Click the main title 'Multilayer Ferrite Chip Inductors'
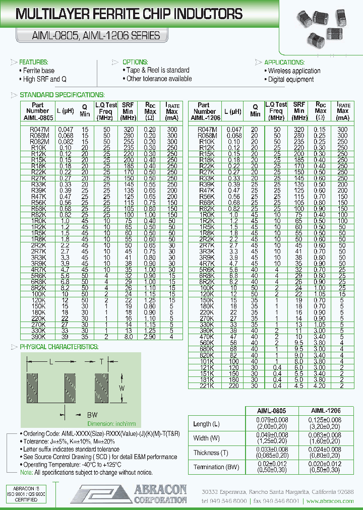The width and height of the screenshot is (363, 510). click(x=123, y=14)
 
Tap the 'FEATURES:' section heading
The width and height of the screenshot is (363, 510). click(x=33, y=62)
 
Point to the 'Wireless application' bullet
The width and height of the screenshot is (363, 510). click(x=294, y=71)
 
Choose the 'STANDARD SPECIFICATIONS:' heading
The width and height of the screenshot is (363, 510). click(x=62, y=95)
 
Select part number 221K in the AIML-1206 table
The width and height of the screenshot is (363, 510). click(x=205, y=386)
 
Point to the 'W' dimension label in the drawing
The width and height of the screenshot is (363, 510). click(x=122, y=389)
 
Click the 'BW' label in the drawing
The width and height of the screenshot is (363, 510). click(x=92, y=414)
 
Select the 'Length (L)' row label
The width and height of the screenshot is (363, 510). click(x=207, y=424)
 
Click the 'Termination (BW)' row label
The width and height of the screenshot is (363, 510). click(x=216, y=467)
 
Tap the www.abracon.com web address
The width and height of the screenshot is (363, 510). click(x=330, y=501)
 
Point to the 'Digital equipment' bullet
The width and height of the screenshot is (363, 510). click(x=290, y=80)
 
